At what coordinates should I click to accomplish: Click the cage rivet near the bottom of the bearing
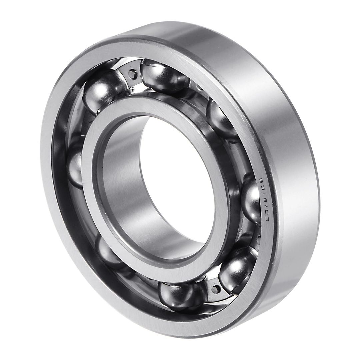[x=217, y=289]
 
